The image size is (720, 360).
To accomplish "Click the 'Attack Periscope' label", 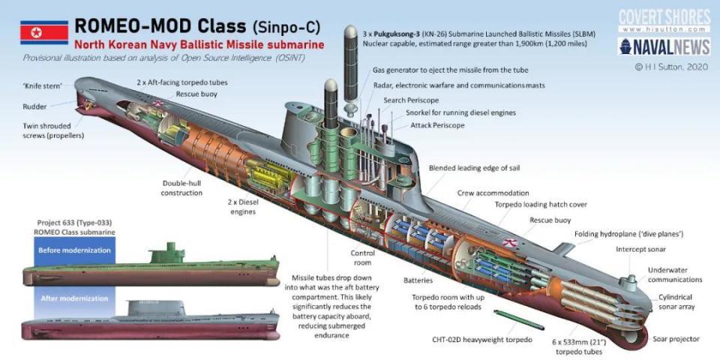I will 437,125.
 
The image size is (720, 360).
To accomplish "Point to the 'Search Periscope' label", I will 411,100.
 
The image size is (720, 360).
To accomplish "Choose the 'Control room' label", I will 363,258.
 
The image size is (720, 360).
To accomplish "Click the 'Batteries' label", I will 418,280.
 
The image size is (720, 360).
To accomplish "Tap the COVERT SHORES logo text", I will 664,16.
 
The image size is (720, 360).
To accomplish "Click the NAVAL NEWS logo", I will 664,47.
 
